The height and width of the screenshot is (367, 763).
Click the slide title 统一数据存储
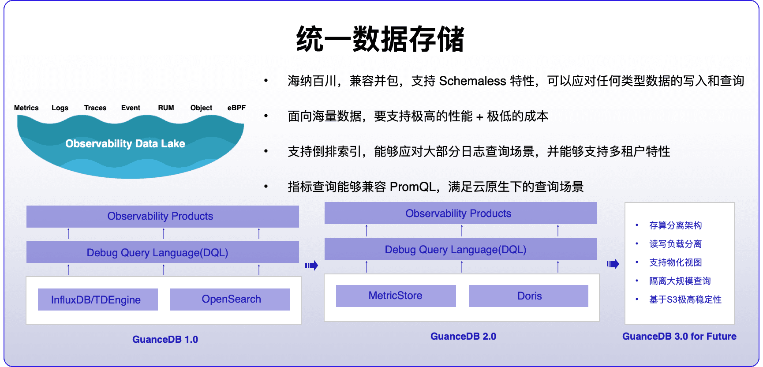pyautogui.click(x=380, y=39)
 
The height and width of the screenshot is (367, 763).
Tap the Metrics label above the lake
pyautogui.click(x=26, y=108)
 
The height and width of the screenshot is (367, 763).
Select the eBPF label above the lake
pyautogui.click(x=236, y=108)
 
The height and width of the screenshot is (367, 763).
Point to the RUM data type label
pyautogui.click(x=166, y=108)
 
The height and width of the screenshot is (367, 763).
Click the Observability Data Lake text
pyautogui.click(x=125, y=144)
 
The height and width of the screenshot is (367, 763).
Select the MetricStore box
pyautogui.click(x=396, y=296)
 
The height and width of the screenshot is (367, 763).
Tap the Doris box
pyautogui.click(x=529, y=296)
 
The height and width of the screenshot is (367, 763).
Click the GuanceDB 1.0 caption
pyautogui.click(x=165, y=339)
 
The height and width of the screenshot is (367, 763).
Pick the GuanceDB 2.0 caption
pyautogui.click(x=463, y=336)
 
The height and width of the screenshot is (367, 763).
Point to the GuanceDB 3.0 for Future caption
pyautogui.click(x=679, y=336)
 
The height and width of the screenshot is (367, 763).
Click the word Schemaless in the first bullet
pyautogui.click(x=472, y=81)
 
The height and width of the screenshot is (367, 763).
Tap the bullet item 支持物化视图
pyautogui.click(x=675, y=262)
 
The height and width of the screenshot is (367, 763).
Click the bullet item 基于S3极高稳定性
pyautogui.click(x=685, y=300)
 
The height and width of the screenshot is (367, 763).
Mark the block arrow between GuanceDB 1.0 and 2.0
pyautogui.click(x=311, y=266)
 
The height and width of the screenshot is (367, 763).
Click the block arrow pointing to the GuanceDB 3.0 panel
pyautogui.click(x=613, y=264)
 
